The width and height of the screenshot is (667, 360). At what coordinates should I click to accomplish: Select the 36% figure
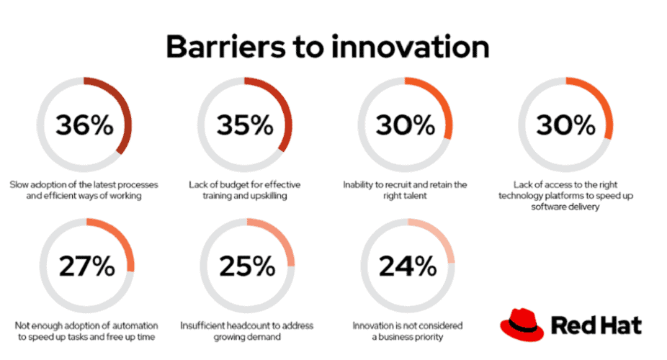pyautogui.click(x=84, y=125)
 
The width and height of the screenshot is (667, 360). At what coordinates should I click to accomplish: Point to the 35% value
pyautogui.click(x=245, y=125)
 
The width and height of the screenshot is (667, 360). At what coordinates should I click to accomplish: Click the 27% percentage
pyautogui.click(x=86, y=266)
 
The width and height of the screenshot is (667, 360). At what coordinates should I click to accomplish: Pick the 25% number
pyautogui.click(x=247, y=266)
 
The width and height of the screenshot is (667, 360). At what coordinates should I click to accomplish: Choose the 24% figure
pyautogui.click(x=408, y=266)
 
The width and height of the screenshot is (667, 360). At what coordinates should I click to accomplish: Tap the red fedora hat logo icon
pyautogui.click(x=522, y=325)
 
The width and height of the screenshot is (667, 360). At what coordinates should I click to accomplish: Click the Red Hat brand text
pyautogui.click(x=596, y=325)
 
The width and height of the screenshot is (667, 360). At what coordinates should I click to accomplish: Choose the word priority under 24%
pyautogui.click(x=428, y=337)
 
